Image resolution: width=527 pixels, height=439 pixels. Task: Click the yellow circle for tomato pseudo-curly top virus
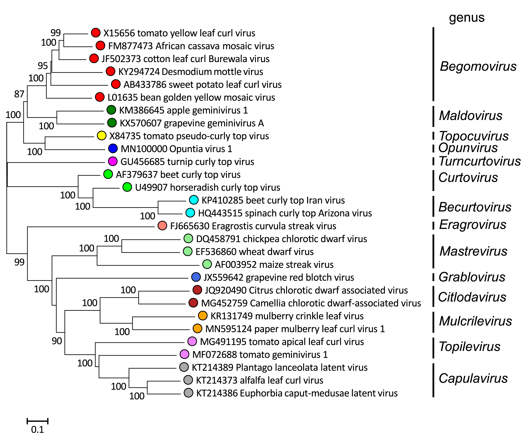[x=102, y=136]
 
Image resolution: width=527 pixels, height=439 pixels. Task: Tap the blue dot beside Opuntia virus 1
[x=113, y=149]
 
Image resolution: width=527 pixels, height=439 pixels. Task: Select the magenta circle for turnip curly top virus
[x=113, y=161]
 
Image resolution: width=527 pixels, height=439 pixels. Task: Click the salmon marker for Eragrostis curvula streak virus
[x=162, y=226]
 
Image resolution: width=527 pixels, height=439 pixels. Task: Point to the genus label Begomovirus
[x=478, y=66]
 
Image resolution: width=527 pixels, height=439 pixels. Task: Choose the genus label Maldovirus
[x=471, y=116]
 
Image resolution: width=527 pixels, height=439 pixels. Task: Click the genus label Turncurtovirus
[x=479, y=161]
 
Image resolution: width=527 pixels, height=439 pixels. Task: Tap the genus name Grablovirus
[x=472, y=277]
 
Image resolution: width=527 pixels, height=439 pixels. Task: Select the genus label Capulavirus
[x=473, y=378]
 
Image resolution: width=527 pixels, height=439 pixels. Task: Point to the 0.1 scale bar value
[x=37, y=430]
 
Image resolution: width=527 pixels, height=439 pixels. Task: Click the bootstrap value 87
[x=19, y=94]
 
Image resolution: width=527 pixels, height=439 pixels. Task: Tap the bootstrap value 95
[x=43, y=66]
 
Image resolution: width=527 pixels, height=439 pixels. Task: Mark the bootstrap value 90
[x=57, y=341]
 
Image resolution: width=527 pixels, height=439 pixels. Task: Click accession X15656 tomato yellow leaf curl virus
[x=179, y=33]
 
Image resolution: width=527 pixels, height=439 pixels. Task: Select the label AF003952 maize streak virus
[x=274, y=264]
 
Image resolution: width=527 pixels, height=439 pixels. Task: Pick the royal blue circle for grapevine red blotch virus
[x=196, y=277]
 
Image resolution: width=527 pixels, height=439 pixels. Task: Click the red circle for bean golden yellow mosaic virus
[x=100, y=97]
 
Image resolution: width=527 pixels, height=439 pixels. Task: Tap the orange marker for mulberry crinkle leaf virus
[x=203, y=316]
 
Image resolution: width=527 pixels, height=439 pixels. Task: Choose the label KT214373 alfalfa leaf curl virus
[x=259, y=380]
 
